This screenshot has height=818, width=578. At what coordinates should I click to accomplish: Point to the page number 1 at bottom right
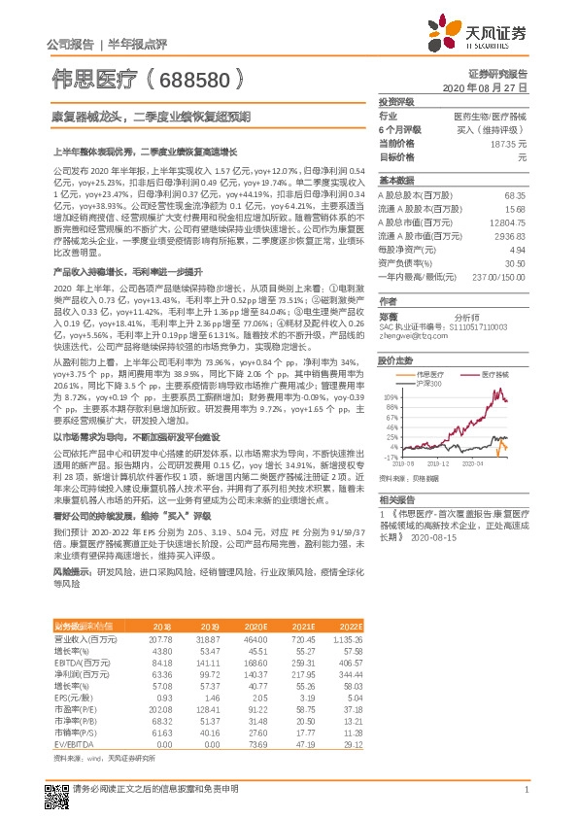(526, 801)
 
